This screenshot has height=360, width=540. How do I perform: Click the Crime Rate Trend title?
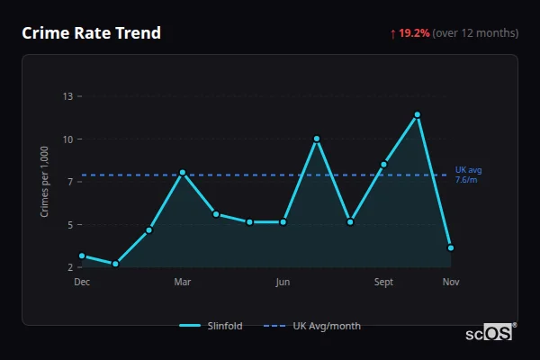[91, 33]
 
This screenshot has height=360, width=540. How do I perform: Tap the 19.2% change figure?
[415, 33]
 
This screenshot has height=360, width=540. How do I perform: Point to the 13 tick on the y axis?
[68, 96]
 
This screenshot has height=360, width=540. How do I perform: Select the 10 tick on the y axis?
[68, 139]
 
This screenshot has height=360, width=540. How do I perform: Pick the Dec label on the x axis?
[82, 282]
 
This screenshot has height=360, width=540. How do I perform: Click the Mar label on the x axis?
[183, 282]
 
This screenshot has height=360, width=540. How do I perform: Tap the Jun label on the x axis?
[283, 282]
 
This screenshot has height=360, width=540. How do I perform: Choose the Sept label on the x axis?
[383, 282]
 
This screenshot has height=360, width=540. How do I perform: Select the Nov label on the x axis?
[451, 282]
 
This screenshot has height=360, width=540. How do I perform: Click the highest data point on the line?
[418, 114]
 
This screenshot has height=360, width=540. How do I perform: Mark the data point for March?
[183, 172]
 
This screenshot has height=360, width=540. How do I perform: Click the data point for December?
[82, 256]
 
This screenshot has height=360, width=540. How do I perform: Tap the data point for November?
[451, 247]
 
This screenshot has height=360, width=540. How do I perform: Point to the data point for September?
[384, 164]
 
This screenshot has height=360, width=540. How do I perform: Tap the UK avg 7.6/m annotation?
[468, 175]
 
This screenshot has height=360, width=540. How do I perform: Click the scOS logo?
[490, 332]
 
